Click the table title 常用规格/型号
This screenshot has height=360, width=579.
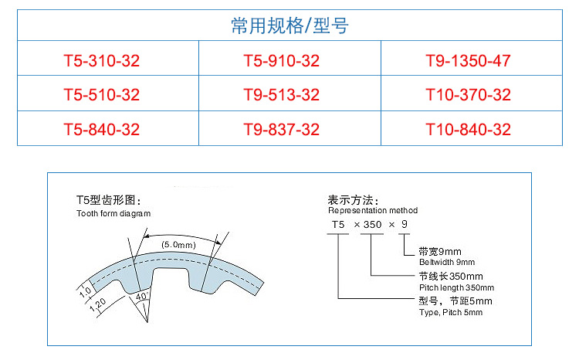coord(289,25)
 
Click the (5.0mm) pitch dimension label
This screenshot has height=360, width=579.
coord(179,245)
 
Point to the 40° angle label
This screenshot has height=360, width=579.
coord(142,297)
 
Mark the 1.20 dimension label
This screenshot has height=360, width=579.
coord(98,305)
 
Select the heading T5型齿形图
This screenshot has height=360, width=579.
coord(109,200)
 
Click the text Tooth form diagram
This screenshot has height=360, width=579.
coord(113,214)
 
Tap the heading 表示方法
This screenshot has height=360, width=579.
coord(353,200)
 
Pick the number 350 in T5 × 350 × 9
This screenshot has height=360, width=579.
coord(372,224)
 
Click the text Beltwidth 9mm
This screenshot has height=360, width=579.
coord(447,262)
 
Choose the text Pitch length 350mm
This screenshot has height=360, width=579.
coord(456,287)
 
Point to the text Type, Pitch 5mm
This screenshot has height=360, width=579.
coord(451,312)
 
